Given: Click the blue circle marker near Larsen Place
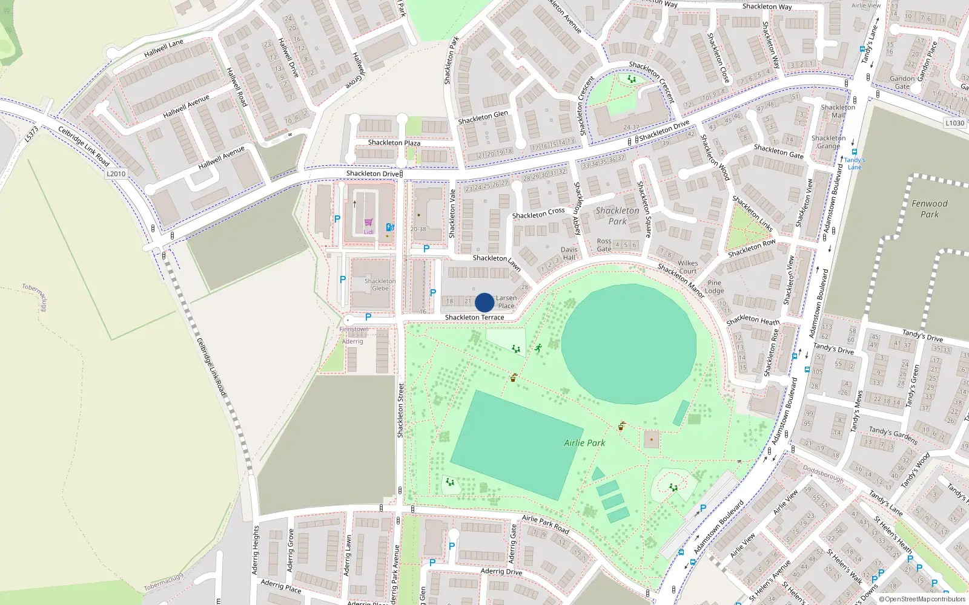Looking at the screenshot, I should [x=484, y=302].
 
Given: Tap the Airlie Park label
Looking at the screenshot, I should [x=584, y=443].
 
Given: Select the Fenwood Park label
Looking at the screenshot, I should [x=930, y=209].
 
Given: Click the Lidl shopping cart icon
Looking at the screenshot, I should [x=368, y=223].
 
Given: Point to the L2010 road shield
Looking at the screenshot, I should [x=116, y=174].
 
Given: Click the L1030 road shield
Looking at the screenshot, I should [x=954, y=123].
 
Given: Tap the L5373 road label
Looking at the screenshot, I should [x=31, y=134].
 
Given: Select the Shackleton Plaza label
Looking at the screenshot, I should [x=394, y=143].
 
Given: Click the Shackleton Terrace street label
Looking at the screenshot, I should [x=474, y=317].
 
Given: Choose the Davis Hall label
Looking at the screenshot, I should [x=569, y=253].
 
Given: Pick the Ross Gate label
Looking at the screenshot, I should [x=604, y=245].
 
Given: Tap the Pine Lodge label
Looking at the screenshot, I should [x=715, y=287].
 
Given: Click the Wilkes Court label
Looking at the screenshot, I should [x=687, y=267].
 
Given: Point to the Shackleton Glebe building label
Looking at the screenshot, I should [x=380, y=284].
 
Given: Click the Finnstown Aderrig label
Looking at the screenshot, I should [x=353, y=335].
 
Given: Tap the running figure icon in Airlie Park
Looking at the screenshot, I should [x=538, y=348].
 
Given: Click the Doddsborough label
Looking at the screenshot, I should [x=823, y=473].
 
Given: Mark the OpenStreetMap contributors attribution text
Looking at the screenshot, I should [x=922, y=599].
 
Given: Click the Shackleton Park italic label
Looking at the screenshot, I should [x=617, y=216].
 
